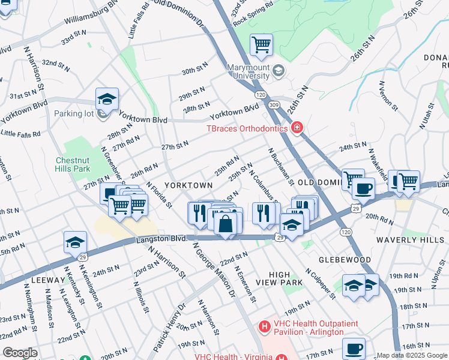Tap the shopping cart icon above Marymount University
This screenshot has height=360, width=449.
[x=261, y=44]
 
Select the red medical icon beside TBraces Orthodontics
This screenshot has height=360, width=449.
[x=297, y=128]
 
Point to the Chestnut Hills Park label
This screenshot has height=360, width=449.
[x=73, y=165]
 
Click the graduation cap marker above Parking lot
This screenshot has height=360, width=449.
[x=107, y=99]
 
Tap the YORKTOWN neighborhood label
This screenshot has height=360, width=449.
[x=188, y=185]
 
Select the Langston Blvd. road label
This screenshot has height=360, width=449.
[x=162, y=238]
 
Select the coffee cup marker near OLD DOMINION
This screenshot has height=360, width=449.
[x=363, y=189]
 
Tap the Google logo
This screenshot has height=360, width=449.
[x=20, y=353]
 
